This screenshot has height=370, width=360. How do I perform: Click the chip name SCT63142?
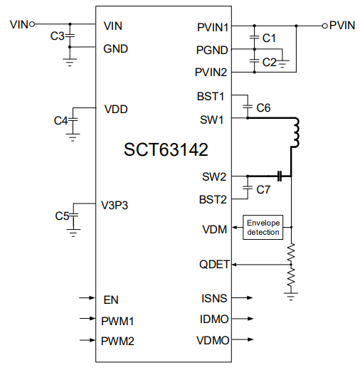pyautogui.click(x=166, y=150)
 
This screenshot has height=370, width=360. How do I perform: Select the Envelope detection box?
pyautogui.click(x=264, y=227)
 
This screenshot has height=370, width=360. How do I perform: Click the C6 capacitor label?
pyautogui.click(x=263, y=107)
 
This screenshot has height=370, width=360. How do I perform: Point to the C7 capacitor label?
pyautogui.click(x=263, y=189)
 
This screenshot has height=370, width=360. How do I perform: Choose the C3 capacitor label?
pyautogui.click(x=58, y=36)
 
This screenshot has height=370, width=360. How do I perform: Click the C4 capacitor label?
pyautogui.click(x=61, y=120)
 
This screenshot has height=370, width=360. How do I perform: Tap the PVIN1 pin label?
pyautogui.click(x=213, y=28)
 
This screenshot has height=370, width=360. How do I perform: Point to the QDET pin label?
pyautogui.click(x=214, y=264)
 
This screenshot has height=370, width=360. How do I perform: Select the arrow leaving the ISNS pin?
pyautogui.click(x=246, y=298)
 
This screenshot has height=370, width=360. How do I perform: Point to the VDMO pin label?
pyautogui.click(x=213, y=340)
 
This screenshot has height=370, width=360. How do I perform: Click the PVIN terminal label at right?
pyautogui.click(x=342, y=25)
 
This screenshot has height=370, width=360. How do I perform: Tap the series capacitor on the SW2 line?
pyautogui.click(x=280, y=175)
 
